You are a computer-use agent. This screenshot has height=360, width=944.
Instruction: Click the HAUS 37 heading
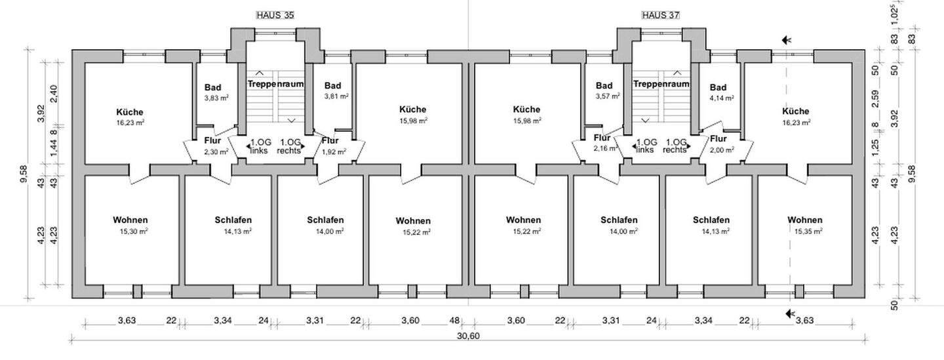661,14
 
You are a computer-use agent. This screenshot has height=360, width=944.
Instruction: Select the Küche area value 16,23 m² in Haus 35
129,122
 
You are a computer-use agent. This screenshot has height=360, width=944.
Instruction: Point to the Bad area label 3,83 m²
216,98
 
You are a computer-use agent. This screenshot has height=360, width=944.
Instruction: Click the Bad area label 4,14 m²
720,98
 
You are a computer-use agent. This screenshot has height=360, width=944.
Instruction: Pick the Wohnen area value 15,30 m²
133,231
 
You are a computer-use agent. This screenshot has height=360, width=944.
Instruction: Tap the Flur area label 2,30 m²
216,151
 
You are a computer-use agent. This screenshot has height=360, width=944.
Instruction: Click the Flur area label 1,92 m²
332,151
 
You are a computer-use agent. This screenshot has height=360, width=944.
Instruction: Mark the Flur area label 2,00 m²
721,150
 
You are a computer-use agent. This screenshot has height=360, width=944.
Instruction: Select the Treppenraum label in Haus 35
275,85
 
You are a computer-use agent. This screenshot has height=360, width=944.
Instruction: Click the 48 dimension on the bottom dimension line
453,321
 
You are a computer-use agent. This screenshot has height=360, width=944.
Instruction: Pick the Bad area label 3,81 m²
336,96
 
